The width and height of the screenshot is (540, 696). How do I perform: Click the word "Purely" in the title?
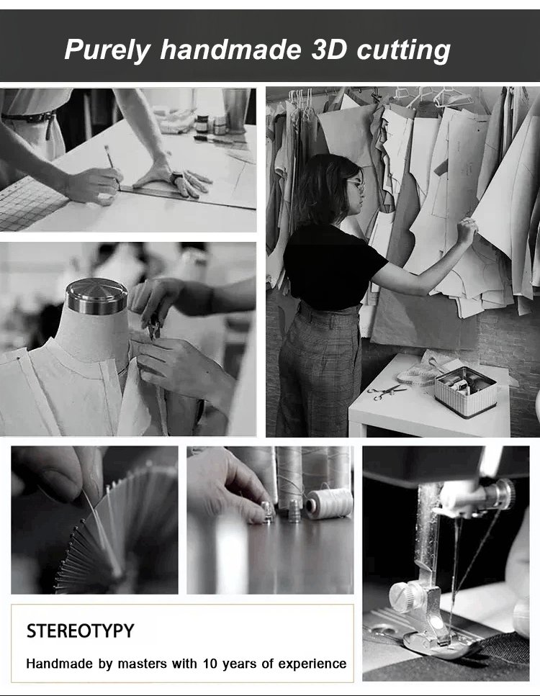[x=107, y=50]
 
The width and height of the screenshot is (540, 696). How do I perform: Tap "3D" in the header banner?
[x=328, y=49]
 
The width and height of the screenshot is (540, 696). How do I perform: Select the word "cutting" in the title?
[x=404, y=50]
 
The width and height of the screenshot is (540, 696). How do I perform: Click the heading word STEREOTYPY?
[x=80, y=631]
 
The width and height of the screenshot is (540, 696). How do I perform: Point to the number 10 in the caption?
[x=210, y=664]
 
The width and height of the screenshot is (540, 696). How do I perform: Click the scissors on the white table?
[x=387, y=392]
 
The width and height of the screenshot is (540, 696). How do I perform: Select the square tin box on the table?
[x=465, y=391]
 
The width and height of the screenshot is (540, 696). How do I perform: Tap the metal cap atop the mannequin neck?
[x=96, y=296]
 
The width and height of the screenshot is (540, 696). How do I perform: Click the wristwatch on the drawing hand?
[x=176, y=178]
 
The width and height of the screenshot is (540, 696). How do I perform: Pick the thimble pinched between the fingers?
[x=267, y=511]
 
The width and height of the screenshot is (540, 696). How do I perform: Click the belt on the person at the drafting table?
[x=29, y=117]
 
